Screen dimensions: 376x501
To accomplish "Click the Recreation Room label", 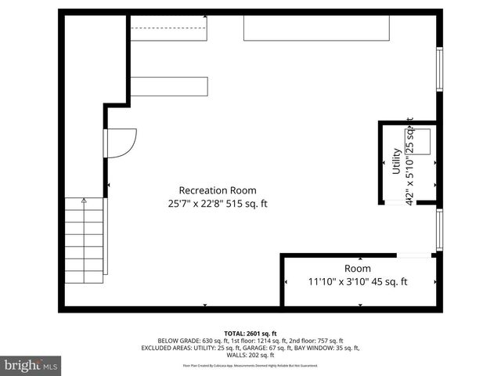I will click(x=217, y=190).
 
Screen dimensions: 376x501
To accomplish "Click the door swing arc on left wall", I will click(x=121, y=143).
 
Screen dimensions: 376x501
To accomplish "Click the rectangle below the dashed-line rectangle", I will click(x=169, y=86).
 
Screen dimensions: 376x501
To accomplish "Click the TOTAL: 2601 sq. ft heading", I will click(x=250, y=333).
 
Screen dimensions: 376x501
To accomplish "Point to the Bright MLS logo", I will click(x=31, y=365).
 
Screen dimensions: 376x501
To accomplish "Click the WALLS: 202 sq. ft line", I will click(x=250, y=355).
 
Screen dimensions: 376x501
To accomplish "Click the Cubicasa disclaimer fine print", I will click(x=250, y=365).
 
